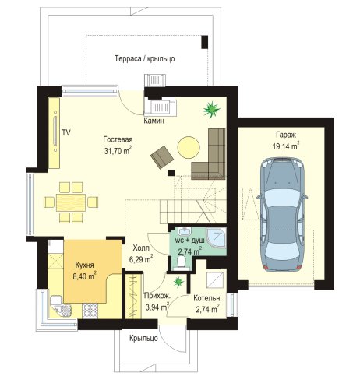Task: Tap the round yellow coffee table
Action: tap(189, 147)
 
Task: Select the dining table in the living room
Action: tap(71, 202)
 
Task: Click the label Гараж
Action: tap(286, 135)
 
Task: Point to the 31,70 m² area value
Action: tap(118, 150)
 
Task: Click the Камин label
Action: tap(154, 121)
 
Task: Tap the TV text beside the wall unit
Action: tap(66, 132)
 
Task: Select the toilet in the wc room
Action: tap(181, 262)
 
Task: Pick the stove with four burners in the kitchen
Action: tap(90, 311)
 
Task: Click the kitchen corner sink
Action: tap(62, 306)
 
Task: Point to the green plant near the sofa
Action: tap(212, 110)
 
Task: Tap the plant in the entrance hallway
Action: tap(178, 282)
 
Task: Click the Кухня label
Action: tap(84, 265)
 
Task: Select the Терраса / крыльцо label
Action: tap(145, 58)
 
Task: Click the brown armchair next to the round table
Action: tap(162, 157)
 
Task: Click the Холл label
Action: tap(141, 248)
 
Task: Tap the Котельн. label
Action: tap(207, 298)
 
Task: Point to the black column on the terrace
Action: tap(205, 42)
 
